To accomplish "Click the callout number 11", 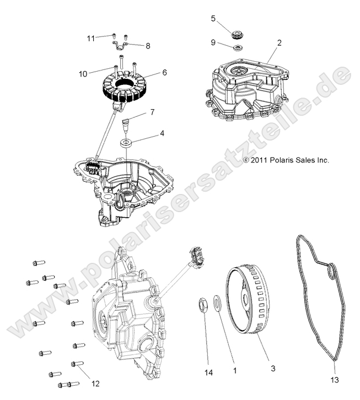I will pyautogui.click(x=90, y=37).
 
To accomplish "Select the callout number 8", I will pyautogui.click(x=148, y=46).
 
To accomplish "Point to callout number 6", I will pyautogui.click(x=149, y=72).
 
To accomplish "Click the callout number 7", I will pyautogui.click(x=152, y=113).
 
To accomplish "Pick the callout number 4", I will pyautogui.click(x=147, y=133).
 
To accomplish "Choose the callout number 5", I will pyautogui.click(x=213, y=18).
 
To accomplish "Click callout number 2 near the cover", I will pyautogui.click(x=279, y=42).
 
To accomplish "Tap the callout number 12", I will pyautogui.click(x=96, y=383).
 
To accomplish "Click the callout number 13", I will pyautogui.click(x=335, y=380).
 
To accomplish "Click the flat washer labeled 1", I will pyautogui.click(x=216, y=302).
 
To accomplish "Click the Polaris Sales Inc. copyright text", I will pyautogui.click(x=286, y=160).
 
